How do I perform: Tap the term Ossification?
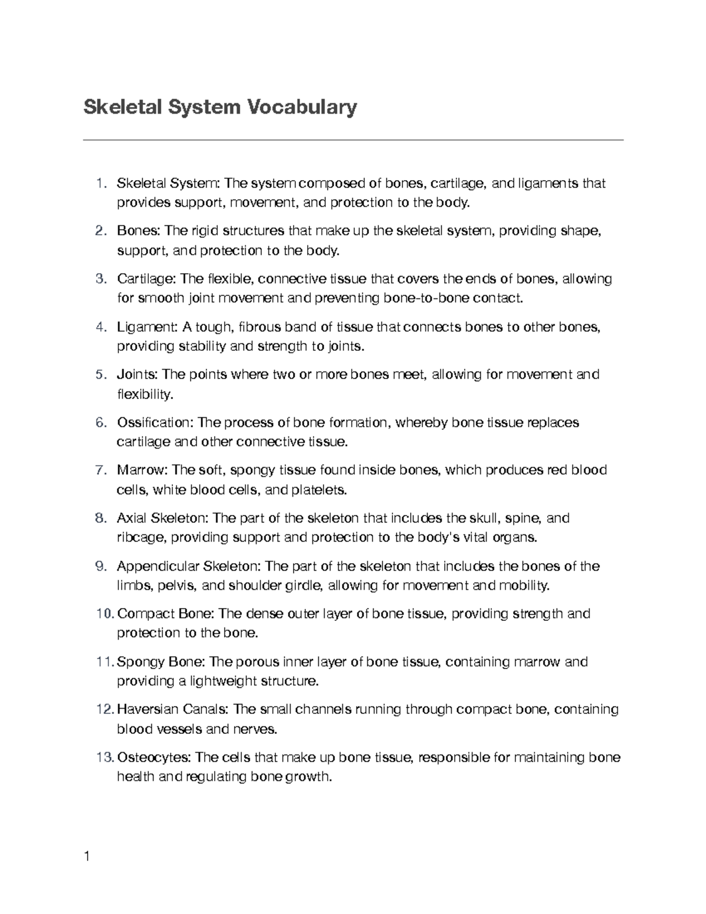point(154,423)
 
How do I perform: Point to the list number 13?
point(105,757)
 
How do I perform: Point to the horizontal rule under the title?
point(353,140)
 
